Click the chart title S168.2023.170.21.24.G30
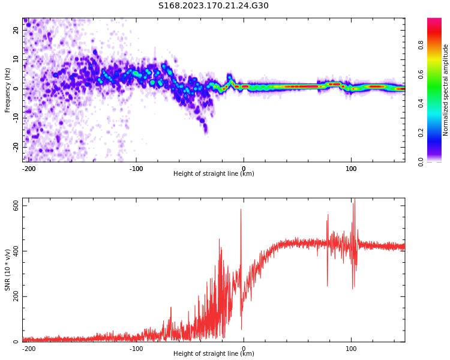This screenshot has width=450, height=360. [x=214, y=6]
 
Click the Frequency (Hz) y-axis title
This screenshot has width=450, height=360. [x=8, y=90]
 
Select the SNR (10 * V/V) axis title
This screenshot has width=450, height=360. [x=8, y=269]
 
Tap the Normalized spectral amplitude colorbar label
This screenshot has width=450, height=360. [x=446, y=90]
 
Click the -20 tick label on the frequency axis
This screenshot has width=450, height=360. [x=15, y=146]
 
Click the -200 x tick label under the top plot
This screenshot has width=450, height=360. [x=29, y=169]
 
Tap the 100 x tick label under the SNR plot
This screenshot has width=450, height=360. [x=351, y=348]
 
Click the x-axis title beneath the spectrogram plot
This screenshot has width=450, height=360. [x=214, y=174]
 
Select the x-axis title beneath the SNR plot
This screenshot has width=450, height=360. [x=214, y=354]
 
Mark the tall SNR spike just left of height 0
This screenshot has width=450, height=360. [x=241, y=210]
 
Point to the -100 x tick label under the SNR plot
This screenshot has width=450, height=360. [x=136, y=348]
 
